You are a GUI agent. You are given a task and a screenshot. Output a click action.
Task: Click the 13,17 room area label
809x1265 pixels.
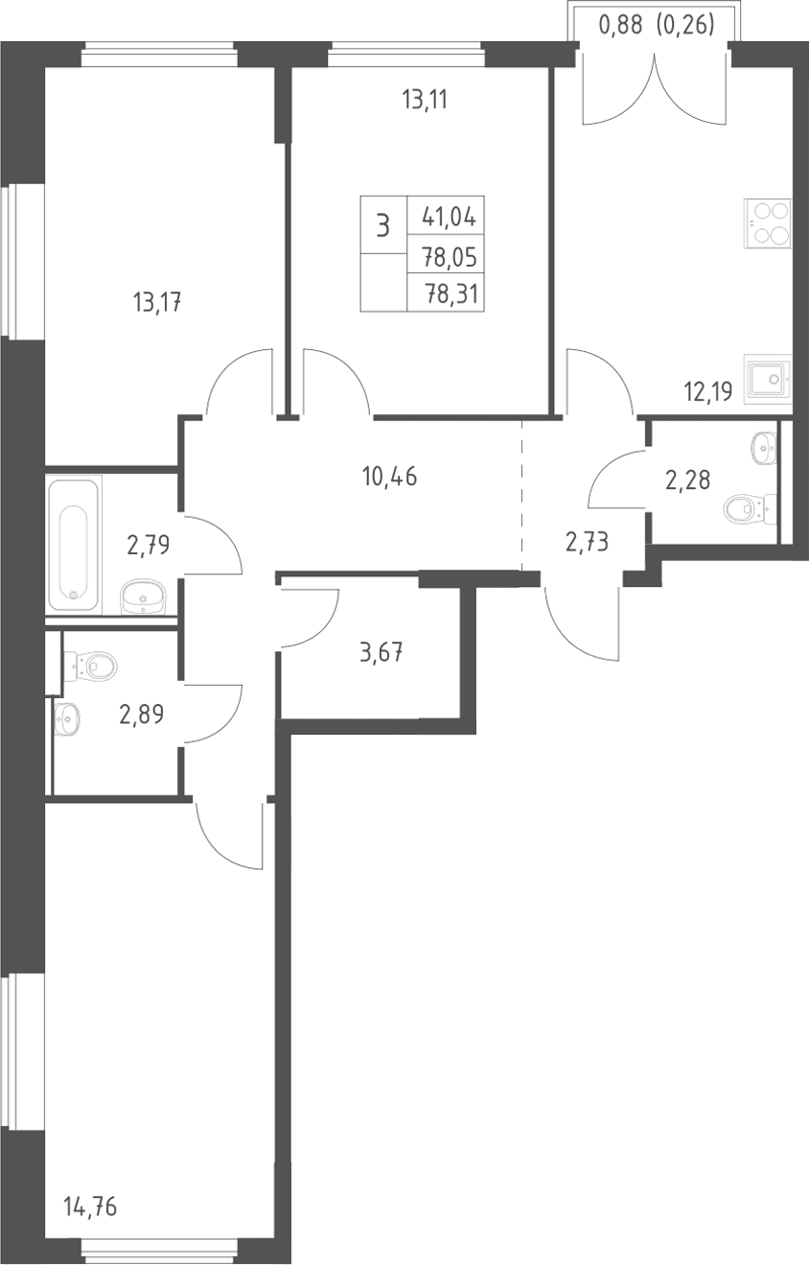tap(157, 302)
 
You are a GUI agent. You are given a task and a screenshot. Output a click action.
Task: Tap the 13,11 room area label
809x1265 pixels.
tap(425, 100)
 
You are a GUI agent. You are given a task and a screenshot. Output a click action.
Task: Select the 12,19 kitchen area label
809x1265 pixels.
tap(708, 390)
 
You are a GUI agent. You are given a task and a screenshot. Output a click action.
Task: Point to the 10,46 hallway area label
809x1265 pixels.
tap(389, 477)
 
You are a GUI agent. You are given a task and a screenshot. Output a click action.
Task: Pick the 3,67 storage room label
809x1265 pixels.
tap(381, 652)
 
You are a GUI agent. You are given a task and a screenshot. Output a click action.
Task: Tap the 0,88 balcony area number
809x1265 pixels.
tap(620, 25)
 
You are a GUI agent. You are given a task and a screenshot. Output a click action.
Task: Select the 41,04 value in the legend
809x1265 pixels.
tap(450, 217)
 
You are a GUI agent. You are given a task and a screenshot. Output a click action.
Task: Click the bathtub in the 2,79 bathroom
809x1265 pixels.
tap(74, 545)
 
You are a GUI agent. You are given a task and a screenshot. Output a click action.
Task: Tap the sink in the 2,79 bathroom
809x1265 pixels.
tap(143, 596)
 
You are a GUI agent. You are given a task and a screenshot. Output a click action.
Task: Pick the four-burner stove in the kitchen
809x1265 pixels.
tap(768, 223)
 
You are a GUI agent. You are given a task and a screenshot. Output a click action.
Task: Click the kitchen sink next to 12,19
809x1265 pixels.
tap(769, 379)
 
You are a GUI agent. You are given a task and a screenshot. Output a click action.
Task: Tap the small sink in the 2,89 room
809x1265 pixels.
tap(67, 719)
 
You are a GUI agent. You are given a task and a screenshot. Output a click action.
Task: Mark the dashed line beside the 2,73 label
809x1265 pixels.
tap(521, 495)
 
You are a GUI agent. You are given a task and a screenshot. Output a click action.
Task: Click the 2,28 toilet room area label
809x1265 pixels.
tap(687, 480)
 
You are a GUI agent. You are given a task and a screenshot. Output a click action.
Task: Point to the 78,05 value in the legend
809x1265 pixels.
tap(450, 258)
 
